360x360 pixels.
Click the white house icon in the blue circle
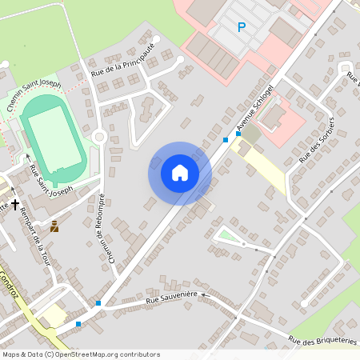tap(180, 173)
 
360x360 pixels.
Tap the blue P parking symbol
tap(241, 27)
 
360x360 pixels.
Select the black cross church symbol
tap(14, 206)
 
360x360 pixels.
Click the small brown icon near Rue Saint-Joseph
tap(54, 226)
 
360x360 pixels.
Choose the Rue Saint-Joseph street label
tap(50, 181)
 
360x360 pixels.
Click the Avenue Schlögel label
tap(255, 107)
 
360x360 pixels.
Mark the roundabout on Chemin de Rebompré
tap(99, 137)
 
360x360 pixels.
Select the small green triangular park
tap(229, 234)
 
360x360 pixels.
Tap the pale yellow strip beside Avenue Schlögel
tap(263, 165)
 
